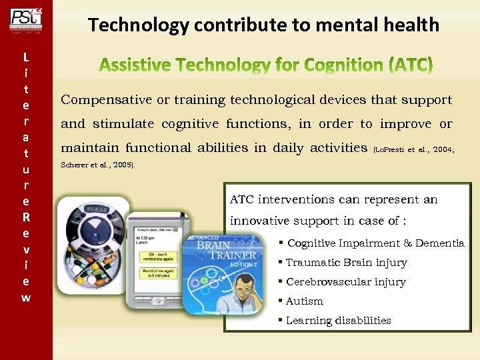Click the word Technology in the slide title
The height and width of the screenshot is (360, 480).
click(x=138, y=25)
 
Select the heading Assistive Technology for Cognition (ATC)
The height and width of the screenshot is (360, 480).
click(x=265, y=65)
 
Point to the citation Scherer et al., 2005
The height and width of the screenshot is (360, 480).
click(x=97, y=164)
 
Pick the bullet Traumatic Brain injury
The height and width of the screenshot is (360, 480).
click(x=346, y=263)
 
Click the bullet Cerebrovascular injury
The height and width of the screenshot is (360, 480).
click(x=345, y=282)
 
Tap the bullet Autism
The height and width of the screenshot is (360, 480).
click(x=304, y=301)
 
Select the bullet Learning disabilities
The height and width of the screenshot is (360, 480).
click(x=338, y=321)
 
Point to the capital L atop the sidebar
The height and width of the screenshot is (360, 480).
click(x=25, y=57)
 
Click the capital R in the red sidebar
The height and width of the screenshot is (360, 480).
click(x=25, y=217)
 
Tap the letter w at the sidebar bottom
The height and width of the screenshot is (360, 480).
click(x=25, y=297)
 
